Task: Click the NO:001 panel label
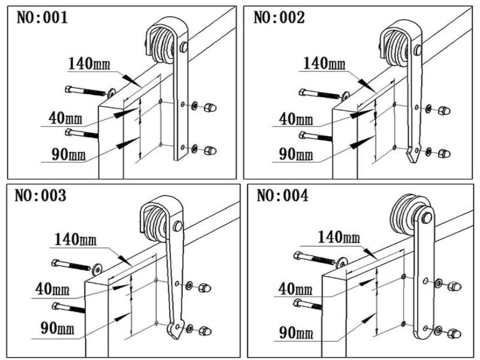click(42, 17)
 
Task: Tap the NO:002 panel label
click(279, 17)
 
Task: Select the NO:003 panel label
click(40, 196)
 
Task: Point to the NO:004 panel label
click(282, 196)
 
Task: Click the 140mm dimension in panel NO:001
click(89, 64)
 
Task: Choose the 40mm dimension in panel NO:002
click(296, 119)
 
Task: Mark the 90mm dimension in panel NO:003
click(58, 328)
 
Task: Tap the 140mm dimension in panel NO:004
click(339, 237)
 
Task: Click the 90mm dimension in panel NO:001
click(68, 154)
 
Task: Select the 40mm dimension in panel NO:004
click(295, 289)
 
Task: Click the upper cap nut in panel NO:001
click(211, 107)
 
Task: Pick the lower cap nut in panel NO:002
click(444, 153)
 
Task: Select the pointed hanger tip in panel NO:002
click(413, 155)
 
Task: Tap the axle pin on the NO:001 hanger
click(184, 47)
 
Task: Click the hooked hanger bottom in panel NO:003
click(175, 329)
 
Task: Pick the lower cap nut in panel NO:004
click(455, 334)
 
